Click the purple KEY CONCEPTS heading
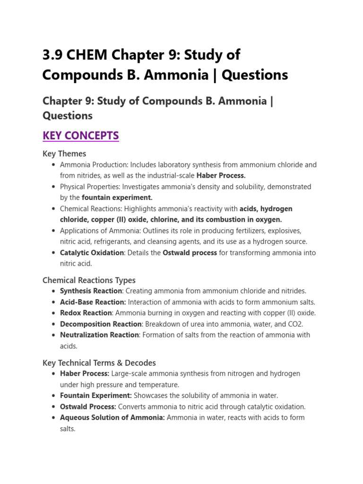point(80,136)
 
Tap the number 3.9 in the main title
point(52,55)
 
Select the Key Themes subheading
point(64,154)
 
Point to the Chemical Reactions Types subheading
point(89,280)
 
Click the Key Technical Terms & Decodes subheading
point(99,363)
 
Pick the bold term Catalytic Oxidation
point(92,253)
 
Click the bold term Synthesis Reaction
point(91,291)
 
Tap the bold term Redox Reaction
point(86,313)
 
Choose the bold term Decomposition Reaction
point(101,324)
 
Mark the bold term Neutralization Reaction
point(99,335)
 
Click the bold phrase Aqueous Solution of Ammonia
point(112,417)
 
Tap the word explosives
point(285,231)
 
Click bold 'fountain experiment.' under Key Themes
point(117,198)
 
